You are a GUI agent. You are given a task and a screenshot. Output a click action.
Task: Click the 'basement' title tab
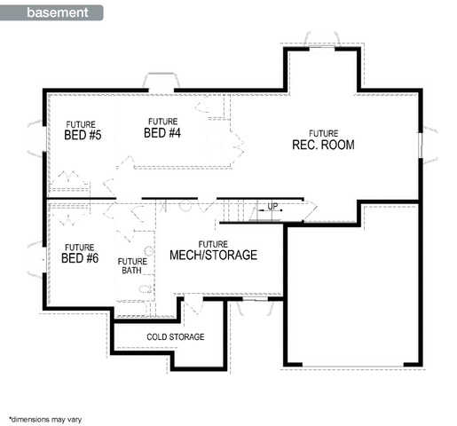click(x=51, y=12)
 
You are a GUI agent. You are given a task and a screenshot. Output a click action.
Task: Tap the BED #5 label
click(x=83, y=135)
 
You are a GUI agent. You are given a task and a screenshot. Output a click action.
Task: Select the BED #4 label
click(x=162, y=133)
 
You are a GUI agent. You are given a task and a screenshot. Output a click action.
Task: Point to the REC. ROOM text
click(x=323, y=145)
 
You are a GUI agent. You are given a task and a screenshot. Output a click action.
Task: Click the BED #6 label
click(x=80, y=258)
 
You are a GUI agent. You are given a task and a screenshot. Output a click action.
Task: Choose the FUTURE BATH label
click(x=132, y=266)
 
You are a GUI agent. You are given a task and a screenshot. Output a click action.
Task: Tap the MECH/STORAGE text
click(x=213, y=255)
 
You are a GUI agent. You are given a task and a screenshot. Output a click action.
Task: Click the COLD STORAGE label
click(x=176, y=336)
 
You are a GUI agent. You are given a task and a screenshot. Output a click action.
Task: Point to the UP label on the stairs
click(x=272, y=206)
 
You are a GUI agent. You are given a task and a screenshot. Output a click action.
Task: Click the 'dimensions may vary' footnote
click(x=45, y=419)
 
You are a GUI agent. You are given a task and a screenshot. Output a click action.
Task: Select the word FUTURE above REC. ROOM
click(x=324, y=133)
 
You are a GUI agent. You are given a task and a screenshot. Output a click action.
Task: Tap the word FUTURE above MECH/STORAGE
click(x=213, y=244)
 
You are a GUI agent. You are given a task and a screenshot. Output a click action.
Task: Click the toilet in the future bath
click(x=146, y=288)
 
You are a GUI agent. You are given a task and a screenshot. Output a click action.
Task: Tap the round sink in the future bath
click(x=150, y=251)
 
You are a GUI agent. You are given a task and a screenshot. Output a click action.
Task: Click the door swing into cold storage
click(x=193, y=304)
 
